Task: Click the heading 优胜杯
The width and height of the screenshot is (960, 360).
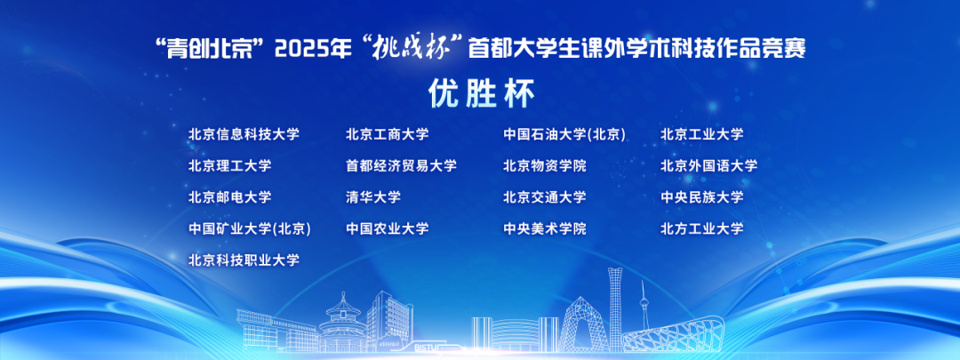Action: coord(480,92)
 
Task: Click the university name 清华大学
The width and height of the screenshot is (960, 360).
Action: coord(373,197)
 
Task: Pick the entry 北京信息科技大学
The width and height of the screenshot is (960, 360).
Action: coord(244,135)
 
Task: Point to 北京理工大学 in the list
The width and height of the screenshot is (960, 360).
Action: coord(229,166)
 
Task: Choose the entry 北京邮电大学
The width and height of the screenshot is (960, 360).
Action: coord(229,197)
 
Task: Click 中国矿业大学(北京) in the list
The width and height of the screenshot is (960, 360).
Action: coord(249,228)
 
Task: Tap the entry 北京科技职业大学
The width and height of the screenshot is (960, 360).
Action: coord(244,260)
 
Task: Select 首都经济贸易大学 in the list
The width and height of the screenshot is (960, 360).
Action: coord(401,166)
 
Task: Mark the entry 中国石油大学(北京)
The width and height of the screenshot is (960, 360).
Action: coord(564,135)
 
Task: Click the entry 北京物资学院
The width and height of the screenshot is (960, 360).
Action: coord(545,166)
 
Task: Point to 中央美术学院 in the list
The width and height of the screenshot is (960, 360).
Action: coord(545,228)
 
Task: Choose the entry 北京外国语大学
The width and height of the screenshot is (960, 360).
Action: coord(708,166)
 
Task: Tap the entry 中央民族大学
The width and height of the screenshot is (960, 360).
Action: coord(701,197)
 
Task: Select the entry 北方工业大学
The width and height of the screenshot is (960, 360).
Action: coord(701,228)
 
